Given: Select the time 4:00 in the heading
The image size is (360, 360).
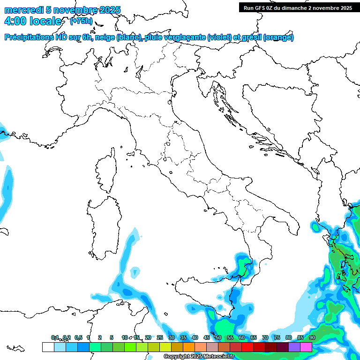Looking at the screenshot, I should click(15, 21).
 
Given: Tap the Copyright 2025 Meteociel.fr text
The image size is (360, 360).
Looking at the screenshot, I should click(199, 357).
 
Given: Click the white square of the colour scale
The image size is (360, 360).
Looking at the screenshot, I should click(48, 347).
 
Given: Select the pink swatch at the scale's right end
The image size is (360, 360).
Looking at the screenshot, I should click(306, 347).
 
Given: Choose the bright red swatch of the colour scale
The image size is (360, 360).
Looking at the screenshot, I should click(247, 347).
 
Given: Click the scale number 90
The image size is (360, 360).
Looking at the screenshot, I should click(312, 337).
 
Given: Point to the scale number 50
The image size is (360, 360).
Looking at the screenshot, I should click(218, 337).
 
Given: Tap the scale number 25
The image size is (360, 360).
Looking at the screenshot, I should click(160, 337).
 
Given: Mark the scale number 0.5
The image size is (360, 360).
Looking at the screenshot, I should click(78, 337).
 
